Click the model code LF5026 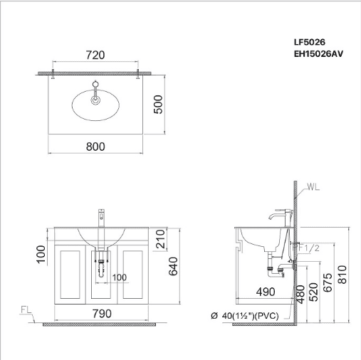tap(310, 42)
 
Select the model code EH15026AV tap(318, 54)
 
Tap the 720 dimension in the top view tap(95, 55)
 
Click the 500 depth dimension tap(158, 105)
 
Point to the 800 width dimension tap(95, 147)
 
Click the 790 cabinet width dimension tap(102, 314)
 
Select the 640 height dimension tap(173, 266)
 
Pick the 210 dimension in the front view tap(160, 239)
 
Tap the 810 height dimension tap(342, 275)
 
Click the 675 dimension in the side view tap(328, 282)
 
